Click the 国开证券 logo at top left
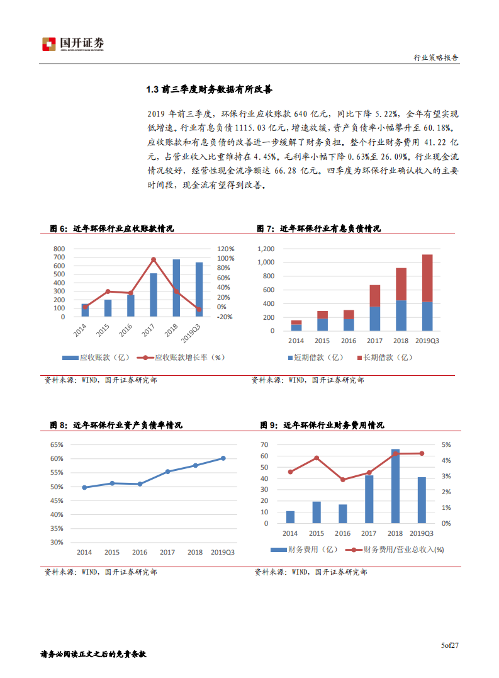click(73, 44)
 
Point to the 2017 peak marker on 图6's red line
click(154, 259)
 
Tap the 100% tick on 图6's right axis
click(225, 259)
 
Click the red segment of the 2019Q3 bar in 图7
click(427, 278)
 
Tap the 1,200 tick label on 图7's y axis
click(266, 249)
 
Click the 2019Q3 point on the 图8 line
click(223, 458)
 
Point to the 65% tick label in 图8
click(57, 444)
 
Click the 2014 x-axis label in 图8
click(84, 552)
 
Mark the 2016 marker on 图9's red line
click(343, 480)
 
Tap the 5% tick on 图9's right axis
click(445, 445)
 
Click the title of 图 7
click(318, 229)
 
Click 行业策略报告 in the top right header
click(435, 57)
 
